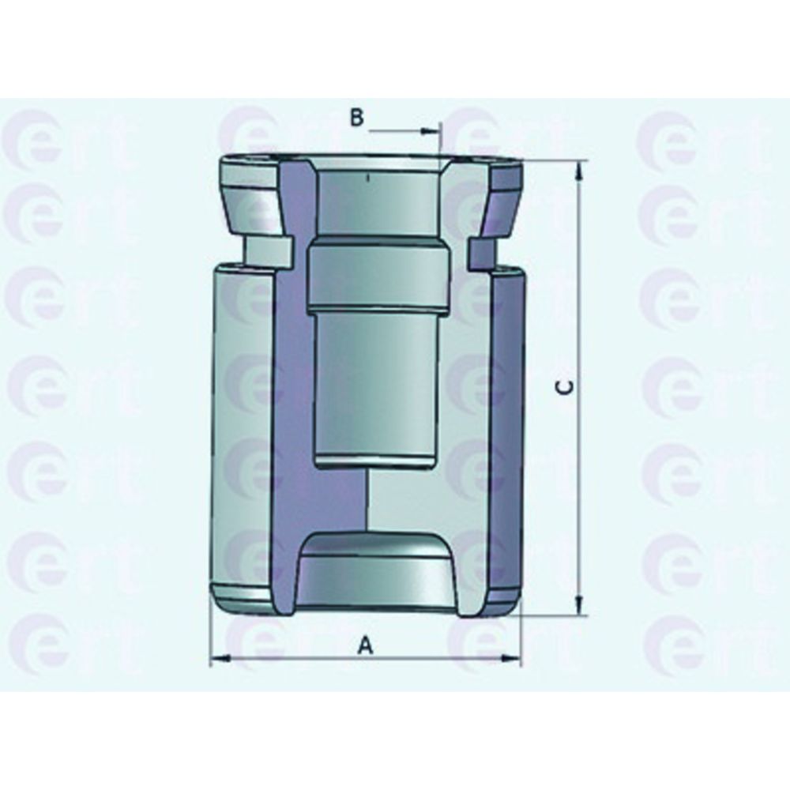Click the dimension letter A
coord(365,645)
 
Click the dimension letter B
coord(357,118)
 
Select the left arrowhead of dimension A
coord(220,658)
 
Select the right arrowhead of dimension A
coord(511,658)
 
